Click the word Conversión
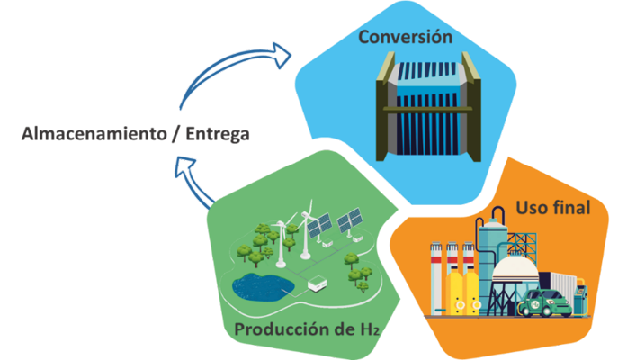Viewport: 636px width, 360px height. pyautogui.click(x=405, y=38)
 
